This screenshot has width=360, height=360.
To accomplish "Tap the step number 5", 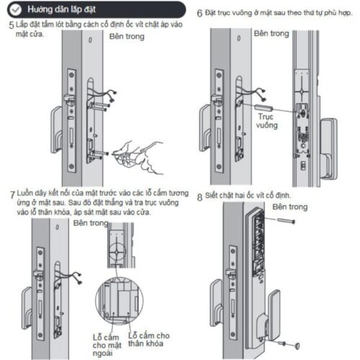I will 11,24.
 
